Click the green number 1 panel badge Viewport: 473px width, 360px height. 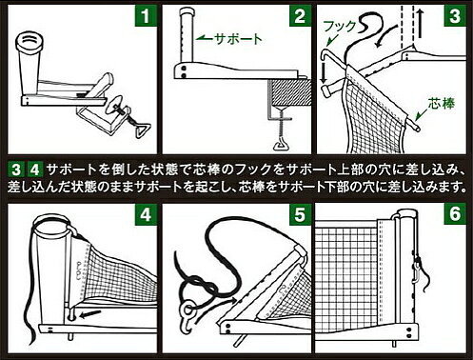(146, 15)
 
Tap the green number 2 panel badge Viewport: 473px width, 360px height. (300, 15)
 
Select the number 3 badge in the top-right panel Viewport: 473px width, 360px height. (455, 15)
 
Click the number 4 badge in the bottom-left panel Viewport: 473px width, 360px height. (146, 214)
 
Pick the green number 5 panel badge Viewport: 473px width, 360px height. (300, 214)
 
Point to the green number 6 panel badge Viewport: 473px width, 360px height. (455, 214)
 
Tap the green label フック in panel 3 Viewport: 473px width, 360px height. (340, 27)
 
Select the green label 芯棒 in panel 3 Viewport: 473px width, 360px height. (442, 103)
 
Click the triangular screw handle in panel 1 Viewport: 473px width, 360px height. (140, 130)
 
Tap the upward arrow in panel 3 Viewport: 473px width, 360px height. (420, 23)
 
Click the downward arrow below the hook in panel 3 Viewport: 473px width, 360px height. (324, 72)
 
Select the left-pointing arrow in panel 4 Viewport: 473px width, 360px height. (90, 314)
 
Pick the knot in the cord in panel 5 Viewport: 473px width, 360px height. (208, 288)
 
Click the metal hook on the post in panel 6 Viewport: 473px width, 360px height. (417, 270)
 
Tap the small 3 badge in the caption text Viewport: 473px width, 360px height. (16, 170)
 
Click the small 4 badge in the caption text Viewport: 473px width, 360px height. (35, 170)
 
